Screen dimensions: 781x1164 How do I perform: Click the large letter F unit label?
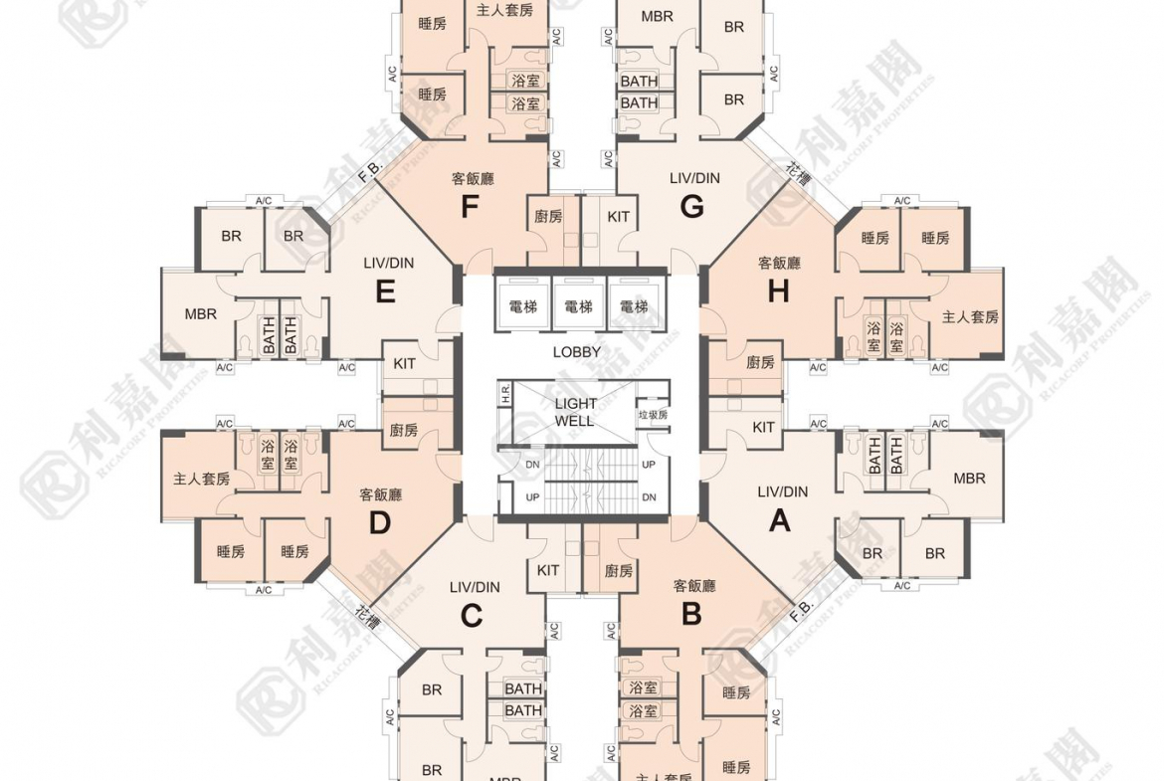point(471,207)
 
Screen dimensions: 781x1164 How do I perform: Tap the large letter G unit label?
point(691,207)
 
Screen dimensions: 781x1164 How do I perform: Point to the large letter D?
point(380,522)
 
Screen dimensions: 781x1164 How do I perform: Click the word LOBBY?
point(577,352)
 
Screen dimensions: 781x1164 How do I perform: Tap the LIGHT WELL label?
point(575,412)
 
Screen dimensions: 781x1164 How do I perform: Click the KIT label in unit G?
point(618,216)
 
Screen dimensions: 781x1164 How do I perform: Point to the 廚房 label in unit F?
point(548,216)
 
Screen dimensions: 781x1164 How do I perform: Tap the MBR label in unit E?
point(200,314)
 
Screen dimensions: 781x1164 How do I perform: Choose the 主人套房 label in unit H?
point(970,317)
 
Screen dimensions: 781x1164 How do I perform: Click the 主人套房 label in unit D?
point(201,479)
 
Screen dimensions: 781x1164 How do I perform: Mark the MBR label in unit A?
point(969,479)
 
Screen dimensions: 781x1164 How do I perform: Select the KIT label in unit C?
point(547,570)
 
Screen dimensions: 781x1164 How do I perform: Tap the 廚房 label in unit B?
point(619,571)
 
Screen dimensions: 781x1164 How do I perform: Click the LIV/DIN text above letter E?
point(389,263)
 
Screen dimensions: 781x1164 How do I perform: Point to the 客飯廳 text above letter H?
point(779,264)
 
